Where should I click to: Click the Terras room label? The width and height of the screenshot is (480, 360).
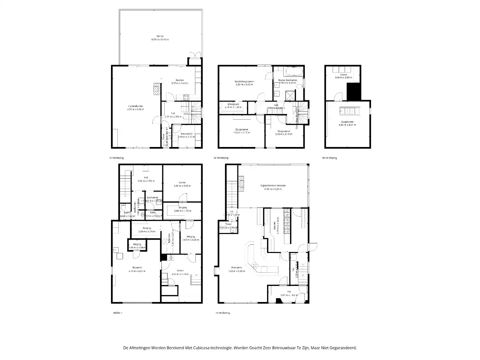160,36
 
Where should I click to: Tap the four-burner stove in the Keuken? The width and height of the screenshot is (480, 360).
186,97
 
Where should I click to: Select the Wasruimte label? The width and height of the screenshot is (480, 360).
186,134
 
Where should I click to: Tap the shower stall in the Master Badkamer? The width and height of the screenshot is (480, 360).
290,95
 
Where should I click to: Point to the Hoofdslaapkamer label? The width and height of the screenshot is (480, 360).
244,81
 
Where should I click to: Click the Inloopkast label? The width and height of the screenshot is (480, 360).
233,104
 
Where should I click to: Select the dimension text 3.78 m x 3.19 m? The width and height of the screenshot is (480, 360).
284,134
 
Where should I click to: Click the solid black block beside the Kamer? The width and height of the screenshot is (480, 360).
354,92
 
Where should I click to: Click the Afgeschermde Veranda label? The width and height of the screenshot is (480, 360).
273,185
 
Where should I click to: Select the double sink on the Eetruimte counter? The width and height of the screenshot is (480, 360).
255,266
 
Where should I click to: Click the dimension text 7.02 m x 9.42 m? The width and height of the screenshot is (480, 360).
237,271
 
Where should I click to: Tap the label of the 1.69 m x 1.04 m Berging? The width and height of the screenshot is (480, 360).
137,244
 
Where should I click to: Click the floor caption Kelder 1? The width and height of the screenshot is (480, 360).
118,313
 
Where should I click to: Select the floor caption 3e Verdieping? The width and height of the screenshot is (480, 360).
329,158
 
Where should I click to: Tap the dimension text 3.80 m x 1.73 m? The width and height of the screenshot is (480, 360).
182,211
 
